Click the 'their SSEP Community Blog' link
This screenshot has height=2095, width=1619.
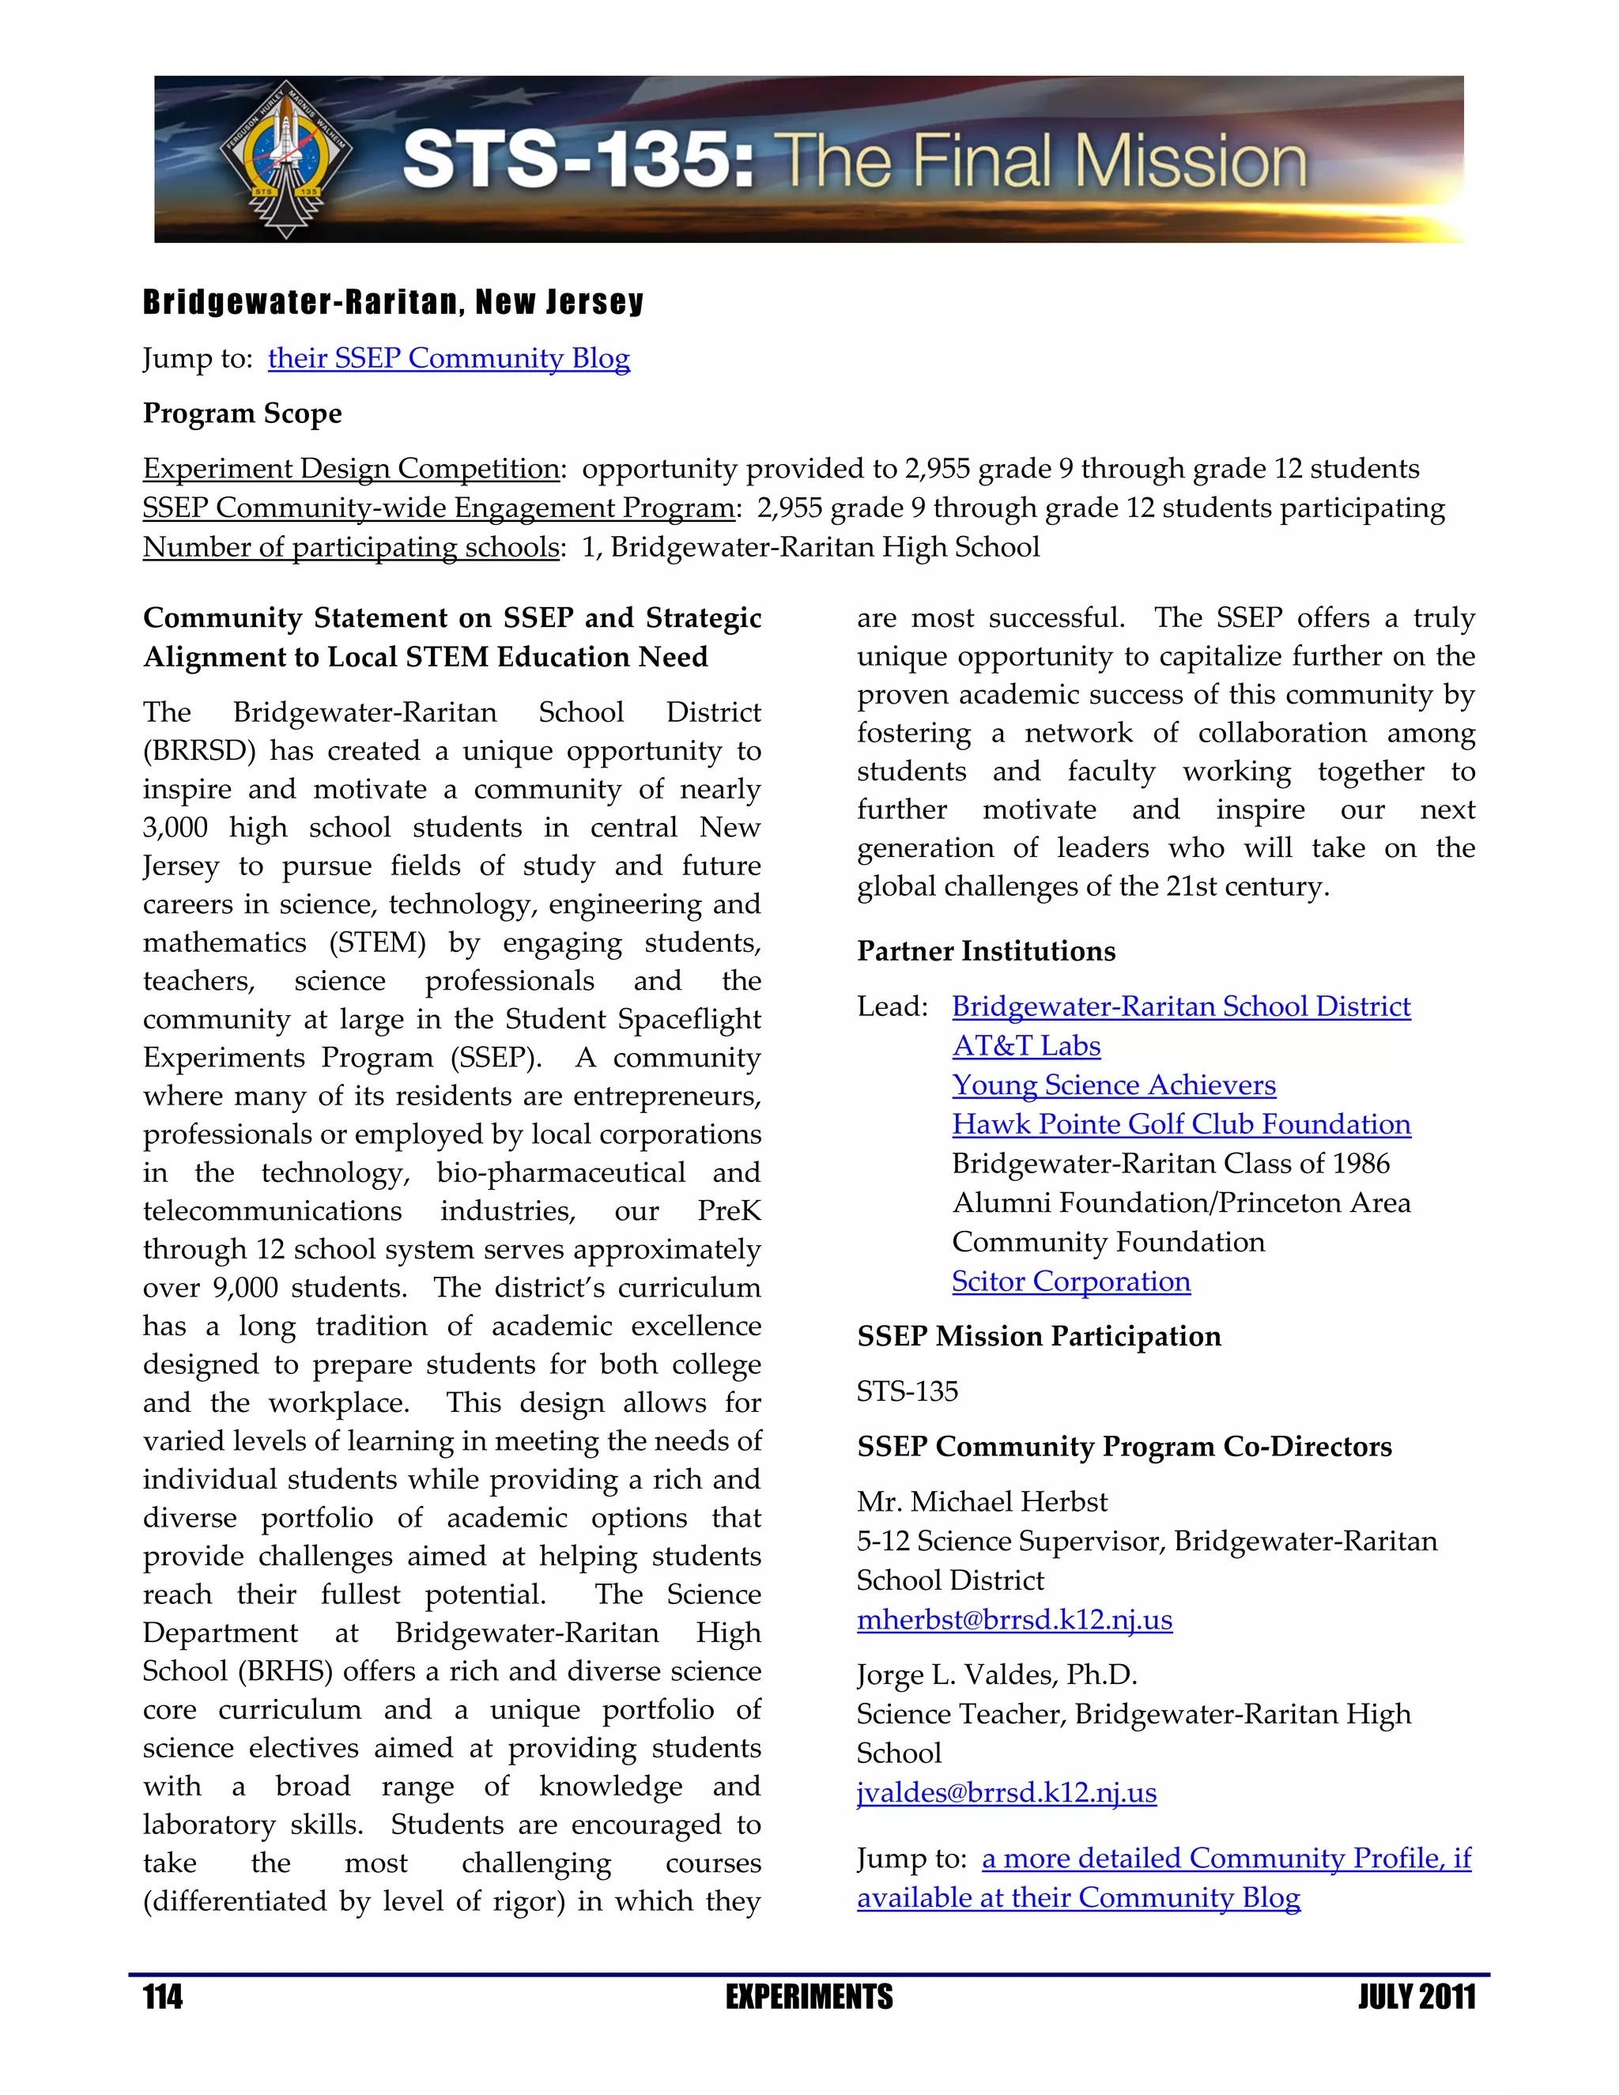pyautogui.click(x=449, y=358)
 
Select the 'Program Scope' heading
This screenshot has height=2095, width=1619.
pyautogui.click(x=243, y=413)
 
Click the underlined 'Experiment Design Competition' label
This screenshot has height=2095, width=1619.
pyautogui.click(x=351, y=468)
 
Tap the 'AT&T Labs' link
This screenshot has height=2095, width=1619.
pyautogui.click(x=1026, y=1046)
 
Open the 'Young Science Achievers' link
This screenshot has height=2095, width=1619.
pyautogui.click(x=1114, y=1085)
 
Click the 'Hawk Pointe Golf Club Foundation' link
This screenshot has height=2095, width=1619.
pyautogui.click(x=1181, y=1124)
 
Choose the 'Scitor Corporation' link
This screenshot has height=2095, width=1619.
pyautogui.click(x=1070, y=1282)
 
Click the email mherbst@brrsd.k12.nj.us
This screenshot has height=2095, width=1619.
pyautogui.click(x=1013, y=1620)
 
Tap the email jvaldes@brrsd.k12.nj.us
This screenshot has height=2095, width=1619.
pyautogui.click(x=1006, y=1793)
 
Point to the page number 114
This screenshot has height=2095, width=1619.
pyautogui.click(x=163, y=1998)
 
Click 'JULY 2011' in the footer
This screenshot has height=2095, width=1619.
pyautogui.click(x=1416, y=1998)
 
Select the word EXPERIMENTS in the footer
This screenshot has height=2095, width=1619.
pyautogui.click(x=809, y=1998)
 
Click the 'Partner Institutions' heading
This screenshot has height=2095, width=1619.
pyautogui.click(x=986, y=952)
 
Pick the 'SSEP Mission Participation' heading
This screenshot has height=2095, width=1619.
pyautogui.click(x=1039, y=1336)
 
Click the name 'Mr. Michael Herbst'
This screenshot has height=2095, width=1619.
pyautogui.click(x=981, y=1502)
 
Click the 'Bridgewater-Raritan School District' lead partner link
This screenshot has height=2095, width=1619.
pyautogui.click(x=1181, y=1006)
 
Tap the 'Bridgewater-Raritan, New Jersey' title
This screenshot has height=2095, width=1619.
pyautogui.click(x=393, y=302)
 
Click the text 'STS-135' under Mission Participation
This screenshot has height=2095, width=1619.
pyautogui.click(x=908, y=1392)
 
